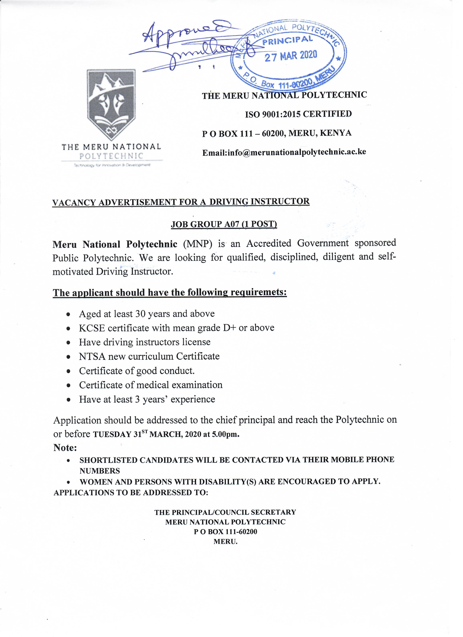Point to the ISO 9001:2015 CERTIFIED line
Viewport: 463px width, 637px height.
(298, 114)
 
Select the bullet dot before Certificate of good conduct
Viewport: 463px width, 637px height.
(68, 371)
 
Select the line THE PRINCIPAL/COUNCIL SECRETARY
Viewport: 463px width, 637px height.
(225, 512)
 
